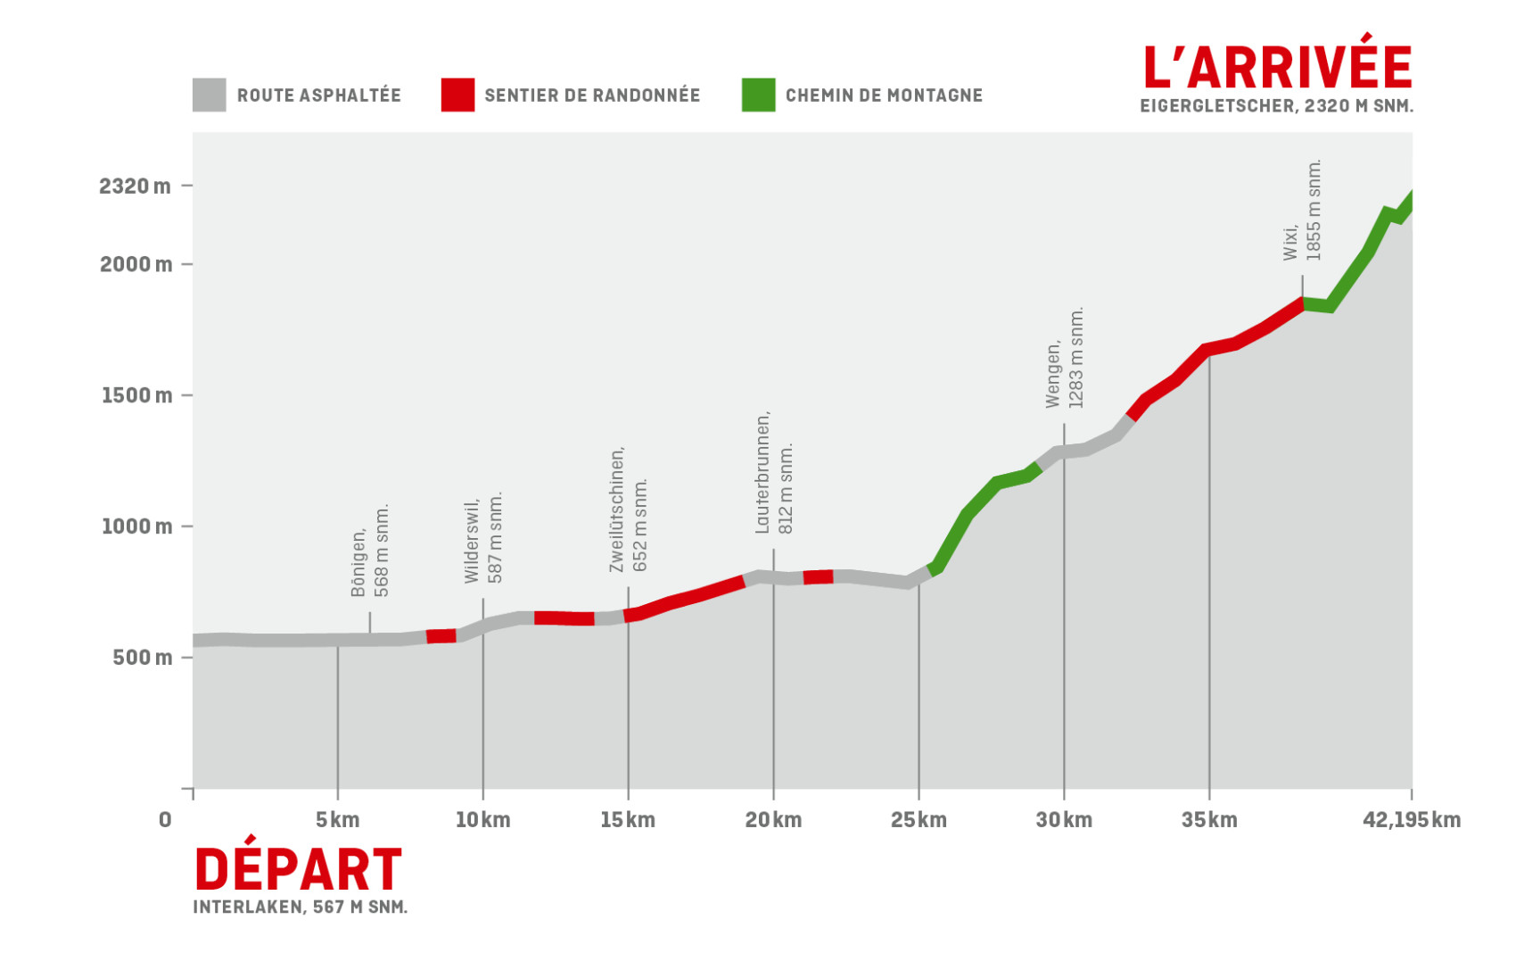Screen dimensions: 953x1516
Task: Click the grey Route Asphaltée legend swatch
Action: pyautogui.click(x=209, y=95)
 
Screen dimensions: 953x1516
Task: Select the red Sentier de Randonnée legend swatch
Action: pyautogui.click(x=457, y=95)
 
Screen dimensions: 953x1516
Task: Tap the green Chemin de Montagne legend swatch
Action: pyautogui.click(x=758, y=95)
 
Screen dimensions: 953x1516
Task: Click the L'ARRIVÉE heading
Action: pyautogui.click(x=1277, y=66)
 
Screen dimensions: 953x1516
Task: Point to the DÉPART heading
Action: pyautogui.click(x=298, y=870)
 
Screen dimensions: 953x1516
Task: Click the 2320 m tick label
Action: pyautogui.click(x=135, y=186)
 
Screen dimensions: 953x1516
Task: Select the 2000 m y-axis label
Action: pyautogui.click(x=136, y=264)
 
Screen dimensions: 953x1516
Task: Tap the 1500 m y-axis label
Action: pyautogui.click(x=136, y=395)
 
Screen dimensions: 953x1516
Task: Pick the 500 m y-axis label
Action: pyautogui.click(x=142, y=658)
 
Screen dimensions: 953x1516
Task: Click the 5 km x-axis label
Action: pyautogui.click(x=337, y=820)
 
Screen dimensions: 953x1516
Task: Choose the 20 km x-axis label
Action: pyautogui.click(x=773, y=820)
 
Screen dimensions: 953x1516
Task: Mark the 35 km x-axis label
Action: pyautogui.click(x=1209, y=820)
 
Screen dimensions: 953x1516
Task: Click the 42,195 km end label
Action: pyautogui.click(x=1411, y=820)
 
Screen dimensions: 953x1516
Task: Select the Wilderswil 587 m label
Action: pyautogui.click(x=483, y=539)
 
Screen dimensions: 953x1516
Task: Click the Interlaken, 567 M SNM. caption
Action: pyautogui.click(x=301, y=907)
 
